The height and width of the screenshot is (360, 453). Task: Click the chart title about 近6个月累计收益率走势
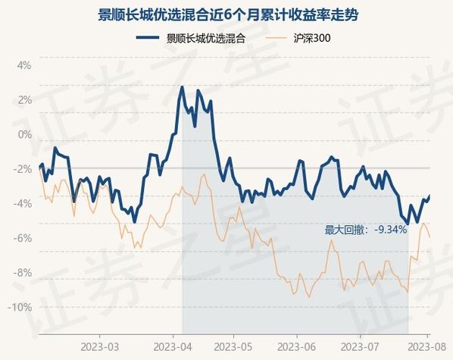[228, 14]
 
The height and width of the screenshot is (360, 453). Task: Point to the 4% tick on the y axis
[24, 65]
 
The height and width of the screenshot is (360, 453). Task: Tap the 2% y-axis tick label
[24, 100]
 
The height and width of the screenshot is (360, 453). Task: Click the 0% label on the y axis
[24, 134]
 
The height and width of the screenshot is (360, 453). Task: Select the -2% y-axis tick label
[22, 169]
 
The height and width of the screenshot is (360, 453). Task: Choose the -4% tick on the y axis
[22, 204]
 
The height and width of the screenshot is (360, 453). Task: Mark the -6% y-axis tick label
[22, 238]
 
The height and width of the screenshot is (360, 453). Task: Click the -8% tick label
[22, 273]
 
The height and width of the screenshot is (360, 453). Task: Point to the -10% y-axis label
[20, 307]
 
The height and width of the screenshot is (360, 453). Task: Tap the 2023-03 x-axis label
[99, 347]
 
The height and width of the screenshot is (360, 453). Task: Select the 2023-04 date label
[173, 347]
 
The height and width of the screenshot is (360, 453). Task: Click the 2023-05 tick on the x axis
[233, 347]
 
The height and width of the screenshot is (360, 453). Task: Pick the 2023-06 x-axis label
[297, 347]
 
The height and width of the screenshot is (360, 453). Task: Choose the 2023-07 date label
[360, 347]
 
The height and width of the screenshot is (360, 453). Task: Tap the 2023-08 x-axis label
[427, 347]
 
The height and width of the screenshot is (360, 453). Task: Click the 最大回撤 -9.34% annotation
[365, 230]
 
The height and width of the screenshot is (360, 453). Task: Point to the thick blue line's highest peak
[182, 86]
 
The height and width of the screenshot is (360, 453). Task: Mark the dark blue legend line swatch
[148, 38]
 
